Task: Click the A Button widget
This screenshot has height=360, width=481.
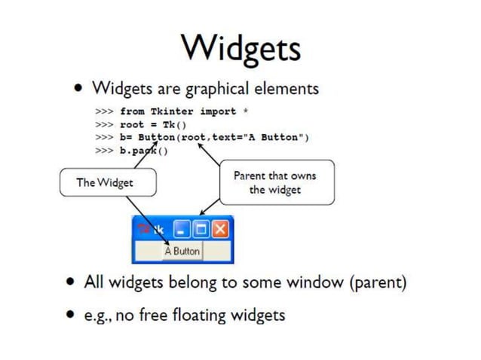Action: tap(182, 251)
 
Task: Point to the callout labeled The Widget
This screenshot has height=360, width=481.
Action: tap(107, 182)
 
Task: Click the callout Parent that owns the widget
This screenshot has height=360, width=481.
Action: tap(275, 183)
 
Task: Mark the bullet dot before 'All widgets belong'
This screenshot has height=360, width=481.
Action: tap(70, 283)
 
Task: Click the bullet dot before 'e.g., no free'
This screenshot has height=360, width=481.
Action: tap(70, 315)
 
